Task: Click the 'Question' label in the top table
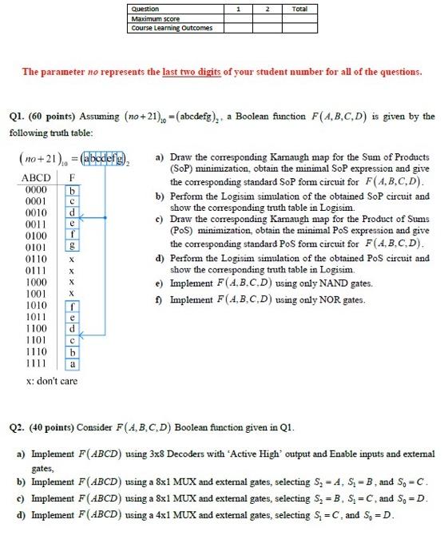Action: (x=145, y=9)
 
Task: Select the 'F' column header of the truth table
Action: (x=73, y=177)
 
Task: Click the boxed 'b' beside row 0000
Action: (x=73, y=189)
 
